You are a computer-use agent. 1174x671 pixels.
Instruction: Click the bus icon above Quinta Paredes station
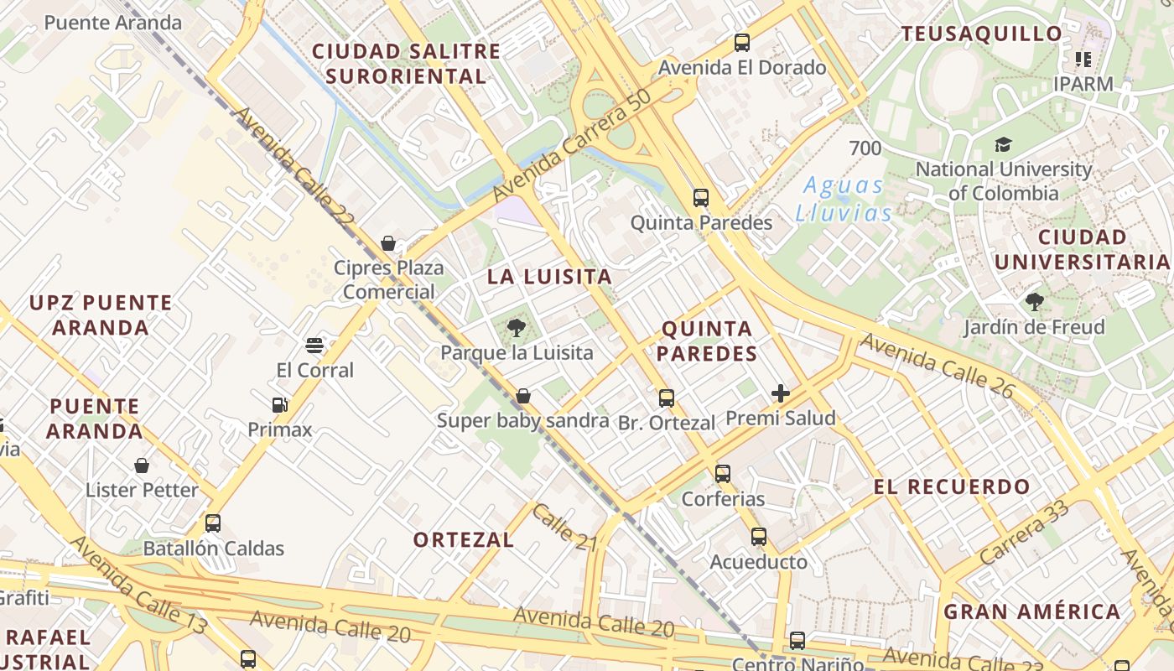701,198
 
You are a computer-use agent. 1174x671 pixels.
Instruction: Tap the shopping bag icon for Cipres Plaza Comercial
388,243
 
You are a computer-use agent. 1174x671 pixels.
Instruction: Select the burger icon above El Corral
314,346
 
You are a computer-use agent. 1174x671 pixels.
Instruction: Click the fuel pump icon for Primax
280,405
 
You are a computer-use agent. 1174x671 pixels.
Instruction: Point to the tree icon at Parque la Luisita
517,328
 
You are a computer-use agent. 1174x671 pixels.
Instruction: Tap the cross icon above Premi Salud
781,393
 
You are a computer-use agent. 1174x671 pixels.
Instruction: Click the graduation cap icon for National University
1003,145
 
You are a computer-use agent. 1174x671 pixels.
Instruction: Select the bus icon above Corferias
723,474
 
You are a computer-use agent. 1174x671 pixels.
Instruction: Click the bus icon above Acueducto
759,537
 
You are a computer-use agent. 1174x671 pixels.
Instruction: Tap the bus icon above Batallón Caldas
213,523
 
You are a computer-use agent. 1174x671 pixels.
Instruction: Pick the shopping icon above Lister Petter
142,465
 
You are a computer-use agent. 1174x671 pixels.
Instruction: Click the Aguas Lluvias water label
844,199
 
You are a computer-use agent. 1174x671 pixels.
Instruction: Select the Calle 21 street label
564,528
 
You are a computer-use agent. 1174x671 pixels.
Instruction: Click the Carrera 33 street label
1024,532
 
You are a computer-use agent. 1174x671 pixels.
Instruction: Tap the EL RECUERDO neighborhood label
952,486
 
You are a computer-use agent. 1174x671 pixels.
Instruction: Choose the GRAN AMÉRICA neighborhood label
1032,611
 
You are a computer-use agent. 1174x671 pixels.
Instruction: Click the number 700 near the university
865,148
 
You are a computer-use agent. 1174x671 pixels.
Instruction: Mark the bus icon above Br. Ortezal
667,398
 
